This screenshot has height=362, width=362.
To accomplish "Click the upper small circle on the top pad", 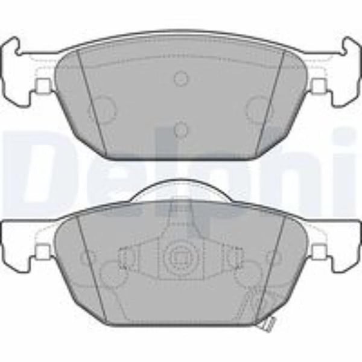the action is pos(180,78).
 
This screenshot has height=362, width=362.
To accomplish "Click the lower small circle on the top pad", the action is pos(180,130).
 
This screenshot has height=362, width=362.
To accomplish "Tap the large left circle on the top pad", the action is pos(101,109).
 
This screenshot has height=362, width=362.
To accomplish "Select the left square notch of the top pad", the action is pos(43,85).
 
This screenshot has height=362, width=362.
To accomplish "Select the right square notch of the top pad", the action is pos(319,85).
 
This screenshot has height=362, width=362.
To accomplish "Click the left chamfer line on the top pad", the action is pos(92,103).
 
